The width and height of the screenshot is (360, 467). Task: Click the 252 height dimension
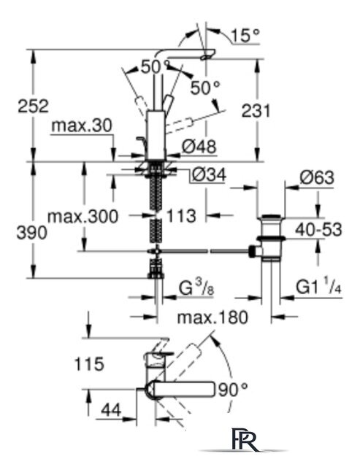(x=33, y=107)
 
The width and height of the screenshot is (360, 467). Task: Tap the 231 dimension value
(x=256, y=111)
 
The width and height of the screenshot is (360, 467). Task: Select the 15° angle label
(x=245, y=35)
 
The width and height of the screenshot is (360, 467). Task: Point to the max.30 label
(x=82, y=126)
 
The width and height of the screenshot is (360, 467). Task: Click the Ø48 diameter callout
(x=199, y=147)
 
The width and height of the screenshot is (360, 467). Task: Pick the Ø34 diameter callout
(x=209, y=175)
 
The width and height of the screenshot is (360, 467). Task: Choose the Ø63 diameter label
(x=317, y=177)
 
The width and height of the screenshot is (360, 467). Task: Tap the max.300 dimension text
(x=83, y=217)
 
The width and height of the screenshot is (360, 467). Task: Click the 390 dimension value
(x=31, y=233)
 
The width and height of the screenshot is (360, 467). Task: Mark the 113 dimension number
(x=181, y=216)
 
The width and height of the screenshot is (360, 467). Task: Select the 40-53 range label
(x=318, y=230)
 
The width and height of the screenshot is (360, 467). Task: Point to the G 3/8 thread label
(x=196, y=288)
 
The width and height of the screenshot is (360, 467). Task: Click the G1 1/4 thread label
(x=318, y=287)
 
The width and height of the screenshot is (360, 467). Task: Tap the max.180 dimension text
(x=212, y=317)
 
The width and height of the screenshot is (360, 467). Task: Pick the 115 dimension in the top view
(x=89, y=364)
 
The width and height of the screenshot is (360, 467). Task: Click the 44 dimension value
(x=111, y=410)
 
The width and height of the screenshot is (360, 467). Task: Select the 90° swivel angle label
(x=233, y=390)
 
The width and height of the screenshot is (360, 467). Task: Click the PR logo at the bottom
(x=245, y=439)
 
